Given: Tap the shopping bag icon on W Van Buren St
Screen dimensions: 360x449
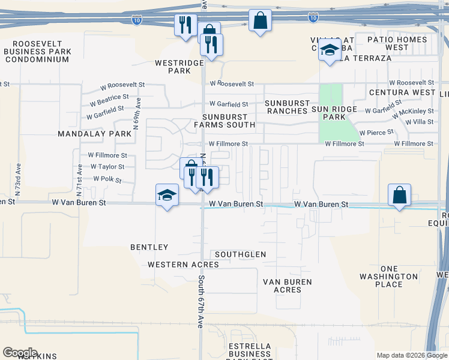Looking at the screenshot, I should tap(399, 195).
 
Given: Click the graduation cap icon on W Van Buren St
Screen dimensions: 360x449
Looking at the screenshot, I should tap(167, 195).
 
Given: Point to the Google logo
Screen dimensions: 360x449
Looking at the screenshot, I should tap(20, 353).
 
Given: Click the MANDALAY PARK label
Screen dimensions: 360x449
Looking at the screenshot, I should tap(95, 134).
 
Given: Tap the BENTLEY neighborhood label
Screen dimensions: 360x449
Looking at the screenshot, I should tap(149, 247).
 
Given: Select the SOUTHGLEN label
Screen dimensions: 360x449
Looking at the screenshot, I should tap(240, 254).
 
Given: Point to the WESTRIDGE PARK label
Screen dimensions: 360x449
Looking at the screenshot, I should tap(172, 66).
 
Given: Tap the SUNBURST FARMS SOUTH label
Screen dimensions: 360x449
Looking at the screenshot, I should tap(228, 120).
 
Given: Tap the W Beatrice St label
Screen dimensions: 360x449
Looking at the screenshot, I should tap(109, 97).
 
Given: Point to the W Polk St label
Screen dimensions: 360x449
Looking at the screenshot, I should tap(107, 179).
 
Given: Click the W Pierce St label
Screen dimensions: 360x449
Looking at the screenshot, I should tap(376, 131).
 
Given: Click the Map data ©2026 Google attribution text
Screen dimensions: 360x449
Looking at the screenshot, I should tap(411, 355).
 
